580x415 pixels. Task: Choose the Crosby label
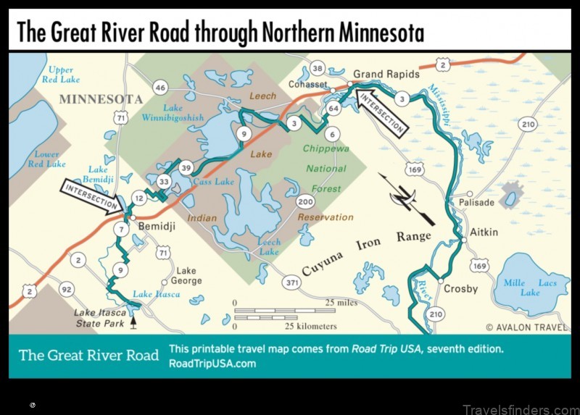tap(460, 289)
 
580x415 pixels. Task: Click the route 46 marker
tap(161, 88)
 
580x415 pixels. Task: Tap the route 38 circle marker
tap(317, 69)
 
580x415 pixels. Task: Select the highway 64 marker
tap(333, 108)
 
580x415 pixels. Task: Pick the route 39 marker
tap(186, 167)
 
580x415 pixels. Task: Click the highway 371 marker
tap(293, 282)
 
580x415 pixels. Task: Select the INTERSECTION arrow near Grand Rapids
tap(382, 112)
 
